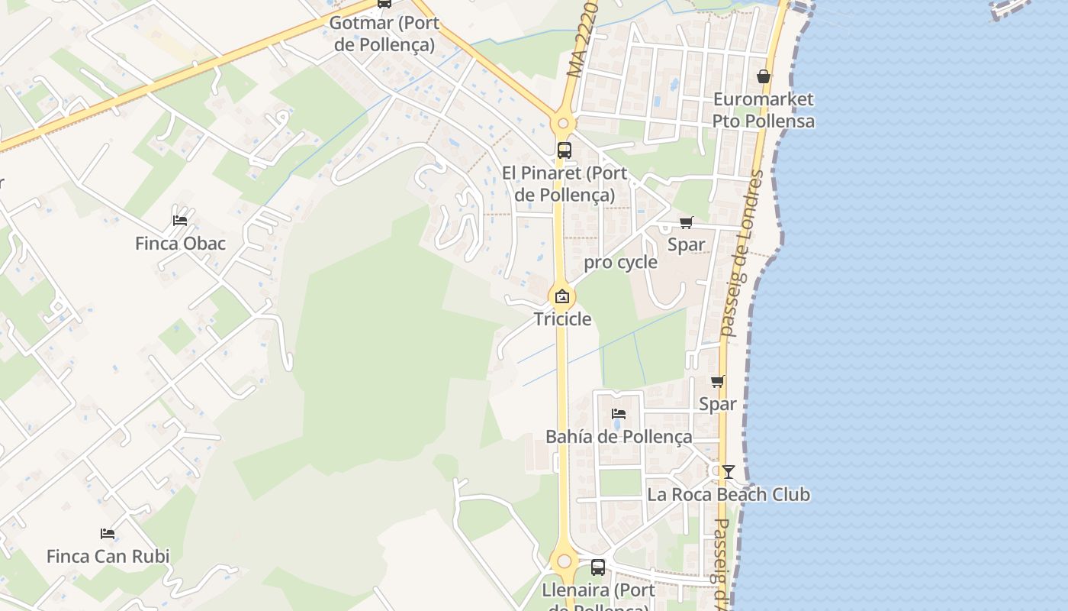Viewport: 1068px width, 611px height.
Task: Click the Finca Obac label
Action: pos(181,244)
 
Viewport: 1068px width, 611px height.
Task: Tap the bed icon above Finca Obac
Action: pos(180,221)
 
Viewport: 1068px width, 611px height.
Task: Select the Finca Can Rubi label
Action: pos(108,556)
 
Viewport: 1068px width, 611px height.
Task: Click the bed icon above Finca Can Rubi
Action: pos(108,534)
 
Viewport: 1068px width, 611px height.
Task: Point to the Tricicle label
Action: pos(562,318)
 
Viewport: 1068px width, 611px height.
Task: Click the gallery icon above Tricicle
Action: pos(562,296)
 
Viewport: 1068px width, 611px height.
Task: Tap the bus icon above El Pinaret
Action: pos(565,150)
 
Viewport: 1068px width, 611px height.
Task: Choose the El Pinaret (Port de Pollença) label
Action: pos(565,184)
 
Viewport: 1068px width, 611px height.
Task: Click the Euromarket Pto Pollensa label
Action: pos(764,110)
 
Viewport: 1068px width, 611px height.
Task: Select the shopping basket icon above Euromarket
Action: pos(764,76)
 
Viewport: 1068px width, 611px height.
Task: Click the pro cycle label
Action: pos(620,263)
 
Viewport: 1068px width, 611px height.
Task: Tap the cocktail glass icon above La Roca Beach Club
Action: pos(729,471)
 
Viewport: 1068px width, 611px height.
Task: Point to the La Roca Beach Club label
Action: pos(729,494)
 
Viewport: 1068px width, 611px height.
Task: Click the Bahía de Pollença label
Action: pos(619,437)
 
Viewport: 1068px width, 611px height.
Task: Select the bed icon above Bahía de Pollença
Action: pos(619,414)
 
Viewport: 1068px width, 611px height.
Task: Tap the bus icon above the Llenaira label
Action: pos(598,567)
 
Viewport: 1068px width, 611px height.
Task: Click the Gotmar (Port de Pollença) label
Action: pos(384,34)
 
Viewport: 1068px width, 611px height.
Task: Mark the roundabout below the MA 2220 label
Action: pos(563,122)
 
